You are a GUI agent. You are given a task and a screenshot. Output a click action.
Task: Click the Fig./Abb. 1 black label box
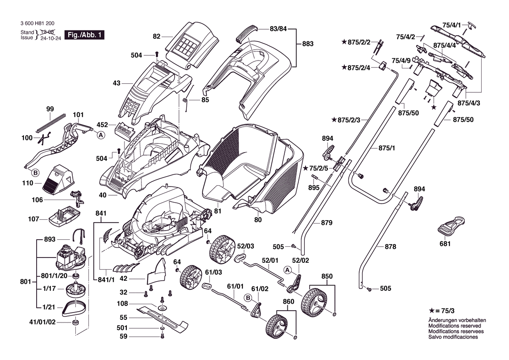coord(84,35)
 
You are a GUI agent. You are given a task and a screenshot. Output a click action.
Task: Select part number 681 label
coord(445,244)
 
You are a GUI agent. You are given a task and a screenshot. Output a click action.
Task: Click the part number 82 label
coord(157,37)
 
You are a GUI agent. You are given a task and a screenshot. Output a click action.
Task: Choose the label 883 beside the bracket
coord(308,44)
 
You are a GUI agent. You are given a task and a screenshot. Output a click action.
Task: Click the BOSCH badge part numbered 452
coord(125,130)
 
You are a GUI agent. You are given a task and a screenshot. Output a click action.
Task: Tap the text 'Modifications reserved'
coord(455,326)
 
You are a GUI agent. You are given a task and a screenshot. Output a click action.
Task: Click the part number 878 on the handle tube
coord(390,247)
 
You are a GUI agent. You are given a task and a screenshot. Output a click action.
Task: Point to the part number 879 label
coord(327,223)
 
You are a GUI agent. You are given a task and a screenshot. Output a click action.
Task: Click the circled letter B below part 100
coord(36,172)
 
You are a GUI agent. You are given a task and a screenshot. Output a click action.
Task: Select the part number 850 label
coord(327,276)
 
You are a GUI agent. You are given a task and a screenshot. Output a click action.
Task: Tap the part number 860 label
coord(288,301)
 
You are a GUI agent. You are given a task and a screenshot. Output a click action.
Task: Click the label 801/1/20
coord(54,275)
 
